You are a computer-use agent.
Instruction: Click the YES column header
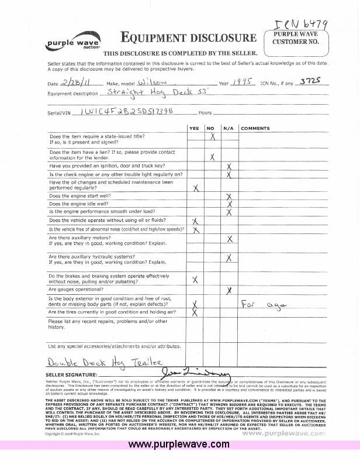(195, 128)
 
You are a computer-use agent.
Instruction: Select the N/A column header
(229, 128)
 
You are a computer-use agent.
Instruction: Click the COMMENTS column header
(255, 128)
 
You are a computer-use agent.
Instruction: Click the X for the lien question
(212, 156)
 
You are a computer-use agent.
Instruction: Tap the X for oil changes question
(196, 187)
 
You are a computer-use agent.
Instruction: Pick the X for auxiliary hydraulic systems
(230, 257)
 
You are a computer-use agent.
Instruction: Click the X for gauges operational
(230, 290)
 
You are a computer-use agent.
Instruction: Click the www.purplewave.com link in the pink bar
(178, 445)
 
